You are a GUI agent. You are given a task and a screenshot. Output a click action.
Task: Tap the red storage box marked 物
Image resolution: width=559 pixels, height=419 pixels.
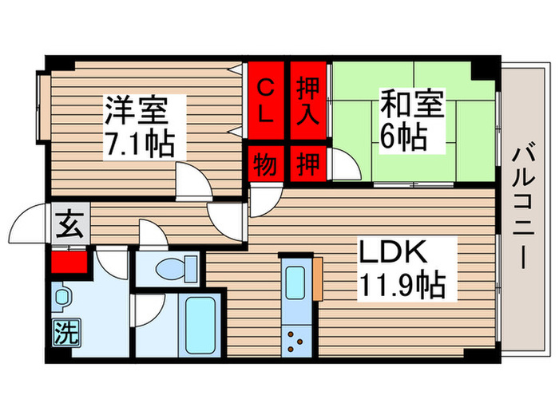[266, 164]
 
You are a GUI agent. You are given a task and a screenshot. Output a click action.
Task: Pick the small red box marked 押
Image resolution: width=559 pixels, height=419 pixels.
[307, 164]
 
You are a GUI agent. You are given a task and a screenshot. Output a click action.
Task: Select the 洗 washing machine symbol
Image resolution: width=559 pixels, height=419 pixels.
[67, 331]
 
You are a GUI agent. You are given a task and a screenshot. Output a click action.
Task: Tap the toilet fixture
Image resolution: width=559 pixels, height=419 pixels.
[171, 269]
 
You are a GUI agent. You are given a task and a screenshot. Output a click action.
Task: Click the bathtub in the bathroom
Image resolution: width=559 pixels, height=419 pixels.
[200, 326]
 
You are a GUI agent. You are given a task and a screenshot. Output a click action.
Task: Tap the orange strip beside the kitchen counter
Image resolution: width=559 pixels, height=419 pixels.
[317, 278]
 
